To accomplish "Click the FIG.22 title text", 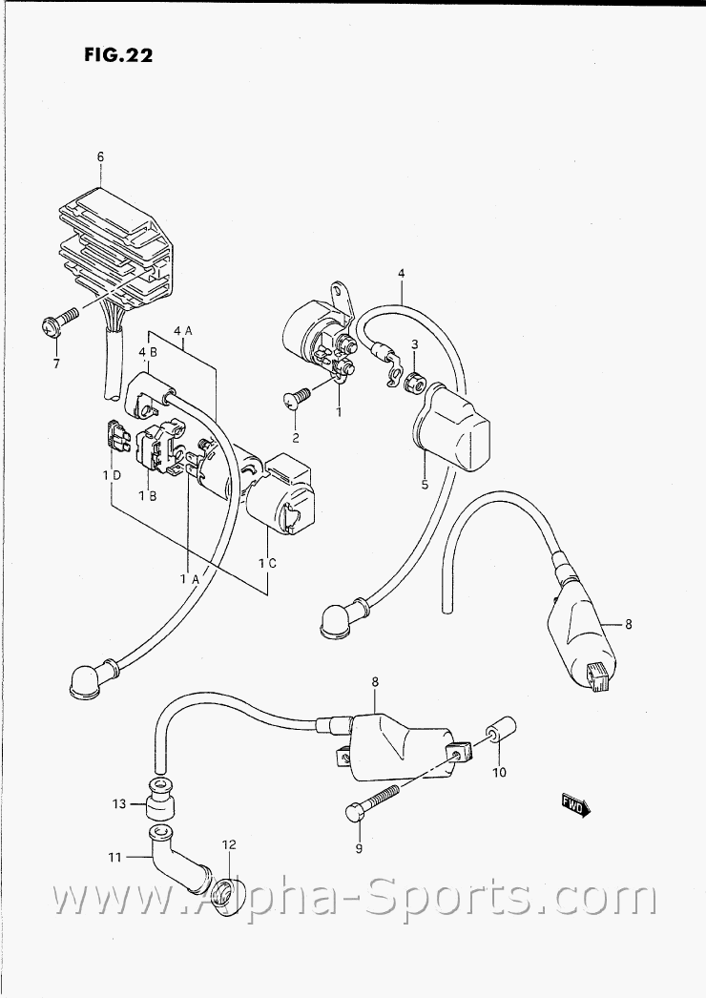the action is (118, 55).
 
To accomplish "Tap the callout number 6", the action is (100, 156).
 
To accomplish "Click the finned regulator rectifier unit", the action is (114, 241).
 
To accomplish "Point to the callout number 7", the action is (56, 364).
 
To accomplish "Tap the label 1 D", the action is (112, 475).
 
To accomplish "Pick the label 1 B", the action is (148, 496).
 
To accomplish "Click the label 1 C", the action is (268, 562).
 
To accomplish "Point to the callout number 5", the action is (425, 485).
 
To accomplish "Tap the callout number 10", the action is (498, 773).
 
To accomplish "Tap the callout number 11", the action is (114, 858).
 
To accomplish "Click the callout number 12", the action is (229, 844).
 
